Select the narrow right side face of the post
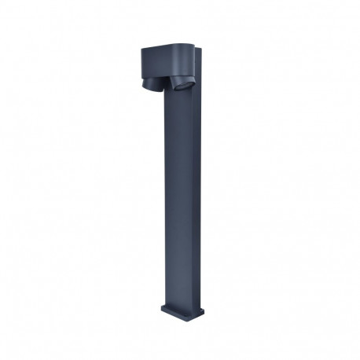tap(197, 197)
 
